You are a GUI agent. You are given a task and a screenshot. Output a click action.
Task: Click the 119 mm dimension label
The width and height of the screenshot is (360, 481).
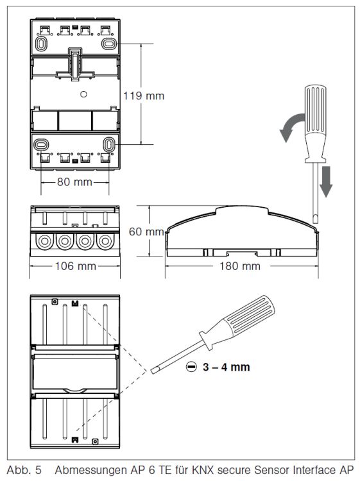pyautogui.click(x=144, y=96)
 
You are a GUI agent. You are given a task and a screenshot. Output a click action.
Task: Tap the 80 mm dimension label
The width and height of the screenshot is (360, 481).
pyautogui.click(x=74, y=182)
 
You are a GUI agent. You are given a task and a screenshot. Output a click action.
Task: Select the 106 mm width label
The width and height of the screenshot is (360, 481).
pyautogui.click(x=76, y=266)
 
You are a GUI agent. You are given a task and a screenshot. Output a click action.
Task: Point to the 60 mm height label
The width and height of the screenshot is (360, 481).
pyautogui.click(x=146, y=232)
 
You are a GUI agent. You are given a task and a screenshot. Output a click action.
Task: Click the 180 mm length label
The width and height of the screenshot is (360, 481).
pyautogui.click(x=240, y=266)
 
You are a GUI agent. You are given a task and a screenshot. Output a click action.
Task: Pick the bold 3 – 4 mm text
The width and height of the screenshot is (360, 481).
pyautogui.click(x=226, y=367)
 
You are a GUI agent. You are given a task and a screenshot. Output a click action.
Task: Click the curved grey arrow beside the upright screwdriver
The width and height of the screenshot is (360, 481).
pyautogui.click(x=290, y=126)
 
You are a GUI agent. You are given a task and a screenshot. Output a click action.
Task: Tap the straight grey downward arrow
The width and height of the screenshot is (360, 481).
pyautogui.click(x=325, y=181)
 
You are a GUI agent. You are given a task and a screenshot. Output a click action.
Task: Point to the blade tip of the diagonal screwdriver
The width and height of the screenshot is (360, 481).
pyautogui.click(x=153, y=371)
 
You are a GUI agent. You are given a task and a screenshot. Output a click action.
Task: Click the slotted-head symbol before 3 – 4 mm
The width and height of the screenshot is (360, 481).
pyautogui.click(x=191, y=367)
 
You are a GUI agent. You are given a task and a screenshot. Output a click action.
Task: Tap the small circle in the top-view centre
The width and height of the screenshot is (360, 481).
pyautogui.click(x=83, y=94)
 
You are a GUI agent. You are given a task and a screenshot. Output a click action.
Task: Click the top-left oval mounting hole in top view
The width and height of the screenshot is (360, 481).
pyautogui.click(x=41, y=44)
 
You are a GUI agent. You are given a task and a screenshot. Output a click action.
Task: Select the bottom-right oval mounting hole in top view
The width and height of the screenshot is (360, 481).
pyautogui.click(x=109, y=144)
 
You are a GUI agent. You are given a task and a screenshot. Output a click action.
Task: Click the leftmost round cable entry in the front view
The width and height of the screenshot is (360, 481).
pyautogui.click(x=45, y=241)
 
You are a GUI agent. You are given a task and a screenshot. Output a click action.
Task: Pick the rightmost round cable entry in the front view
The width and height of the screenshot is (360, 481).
pyautogui.click(x=105, y=241)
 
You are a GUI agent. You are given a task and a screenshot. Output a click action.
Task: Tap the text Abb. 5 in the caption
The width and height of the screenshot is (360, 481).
pyautogui.click(x=24, y=470)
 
